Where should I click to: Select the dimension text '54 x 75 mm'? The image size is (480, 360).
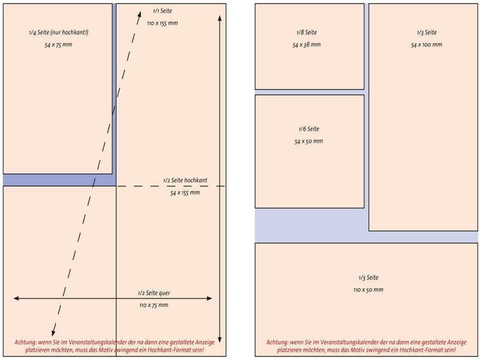pos(58,46)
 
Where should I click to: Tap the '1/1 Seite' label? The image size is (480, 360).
pos(162,11)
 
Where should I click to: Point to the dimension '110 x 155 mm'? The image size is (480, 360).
pos(162,23)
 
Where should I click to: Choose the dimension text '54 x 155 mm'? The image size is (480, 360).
pos(185,193)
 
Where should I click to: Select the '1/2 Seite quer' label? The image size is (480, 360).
pos(154,293)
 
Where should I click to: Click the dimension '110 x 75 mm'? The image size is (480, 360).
pos(154,305)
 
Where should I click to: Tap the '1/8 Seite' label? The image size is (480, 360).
pos(307,32)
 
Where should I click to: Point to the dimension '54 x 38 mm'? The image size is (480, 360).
pos(307,45)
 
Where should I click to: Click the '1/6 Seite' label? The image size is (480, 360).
pos(309,129)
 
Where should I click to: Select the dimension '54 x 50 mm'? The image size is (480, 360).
pos(309,142)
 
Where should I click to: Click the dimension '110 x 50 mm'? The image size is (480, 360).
pos(368,290)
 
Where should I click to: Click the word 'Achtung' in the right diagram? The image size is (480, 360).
pos(277,342)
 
